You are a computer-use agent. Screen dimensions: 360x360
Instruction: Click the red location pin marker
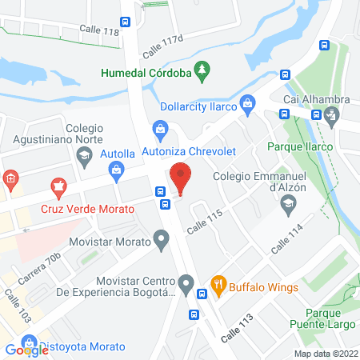[x=180, y=178]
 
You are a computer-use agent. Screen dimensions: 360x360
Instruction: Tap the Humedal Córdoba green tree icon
[x=202, y=72]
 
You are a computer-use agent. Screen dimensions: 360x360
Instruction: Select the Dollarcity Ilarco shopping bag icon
[x=249, y=102]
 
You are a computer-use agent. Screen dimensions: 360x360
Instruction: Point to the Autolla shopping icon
[x=117, y=169]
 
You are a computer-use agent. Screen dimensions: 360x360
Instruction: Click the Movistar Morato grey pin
[x=162, y=238]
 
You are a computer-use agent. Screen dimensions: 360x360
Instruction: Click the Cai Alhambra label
[x=317, y=98]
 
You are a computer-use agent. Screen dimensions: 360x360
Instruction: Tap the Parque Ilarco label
[x=299, y=146]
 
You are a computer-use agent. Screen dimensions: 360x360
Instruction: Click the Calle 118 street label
[x=99, y=31]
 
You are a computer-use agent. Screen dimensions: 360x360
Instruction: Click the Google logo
[x=26, y=350]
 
